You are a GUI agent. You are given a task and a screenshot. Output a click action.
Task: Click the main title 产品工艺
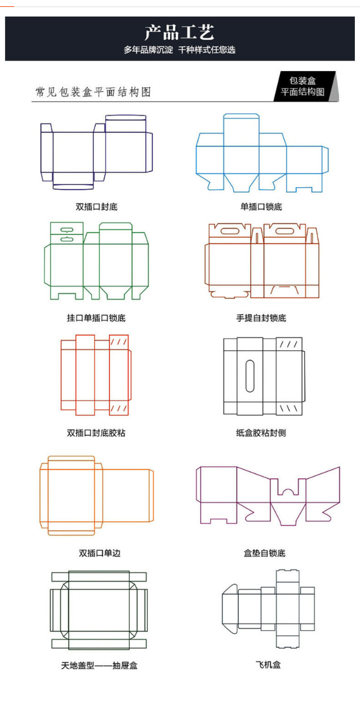[179, 32]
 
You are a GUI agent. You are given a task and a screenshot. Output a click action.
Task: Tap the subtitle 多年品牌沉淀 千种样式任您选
[180, 50]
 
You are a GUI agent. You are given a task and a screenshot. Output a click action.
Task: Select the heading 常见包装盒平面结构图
[93, 92]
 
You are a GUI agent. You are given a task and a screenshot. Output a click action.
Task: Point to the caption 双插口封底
[97, 207]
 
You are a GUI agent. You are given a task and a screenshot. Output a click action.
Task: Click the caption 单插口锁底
[261, 207]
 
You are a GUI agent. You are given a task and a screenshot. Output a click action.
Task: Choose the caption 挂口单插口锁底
[96, 318]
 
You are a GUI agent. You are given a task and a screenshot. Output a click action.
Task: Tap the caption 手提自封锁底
[261, 318]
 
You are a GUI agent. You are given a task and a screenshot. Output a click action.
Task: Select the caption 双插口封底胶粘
[96, 433]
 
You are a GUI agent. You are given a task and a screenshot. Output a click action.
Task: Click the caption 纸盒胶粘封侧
[261, 433]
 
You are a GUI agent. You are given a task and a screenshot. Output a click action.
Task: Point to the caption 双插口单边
[100, 553]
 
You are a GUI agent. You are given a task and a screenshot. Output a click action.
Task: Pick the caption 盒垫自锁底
[264, 553]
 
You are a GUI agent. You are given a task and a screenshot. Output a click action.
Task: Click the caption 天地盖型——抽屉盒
[100, 666]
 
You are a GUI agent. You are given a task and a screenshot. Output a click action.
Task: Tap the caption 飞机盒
[268, 665]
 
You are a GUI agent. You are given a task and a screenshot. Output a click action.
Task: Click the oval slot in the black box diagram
[250, 376]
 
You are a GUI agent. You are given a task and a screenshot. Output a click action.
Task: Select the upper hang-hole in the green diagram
[67, 230]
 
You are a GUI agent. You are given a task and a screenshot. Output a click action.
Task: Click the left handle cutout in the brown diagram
[229, 231]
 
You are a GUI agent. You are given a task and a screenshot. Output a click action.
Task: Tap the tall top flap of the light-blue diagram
[241, 130]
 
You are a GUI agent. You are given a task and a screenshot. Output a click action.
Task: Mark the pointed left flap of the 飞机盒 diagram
[230, 609]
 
